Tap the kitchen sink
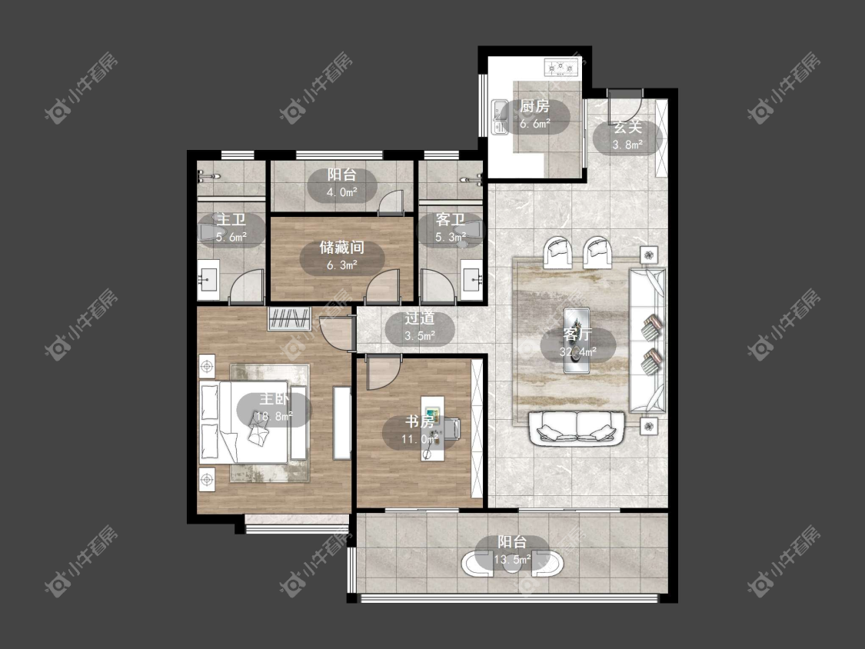(501, 117)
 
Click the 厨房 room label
(534, 106)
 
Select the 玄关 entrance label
(627, 127)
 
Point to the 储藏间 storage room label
(342, 247)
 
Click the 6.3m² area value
(342, 265)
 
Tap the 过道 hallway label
(420, 318)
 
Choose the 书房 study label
(420, 421)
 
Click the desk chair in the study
(452, 428)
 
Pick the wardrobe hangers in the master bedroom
(289, 318)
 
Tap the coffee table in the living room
(577, 341)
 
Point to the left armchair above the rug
(557, 252)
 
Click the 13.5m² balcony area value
(512, 560)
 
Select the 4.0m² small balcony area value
(342, 192)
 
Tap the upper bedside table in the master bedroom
(207, 367)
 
